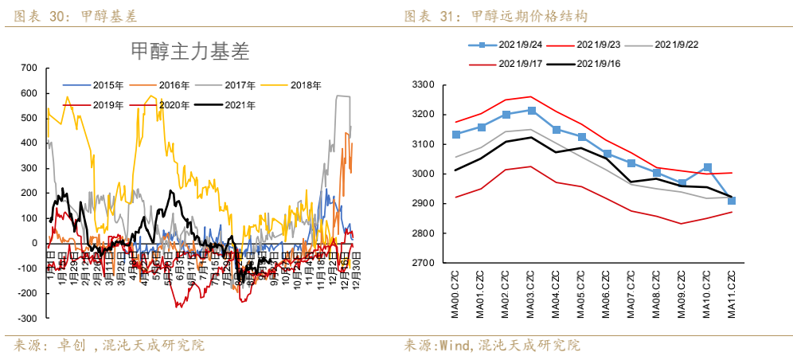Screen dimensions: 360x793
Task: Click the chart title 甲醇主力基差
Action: [x=189, y=52]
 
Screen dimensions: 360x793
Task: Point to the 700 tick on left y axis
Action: [x=29, y=68]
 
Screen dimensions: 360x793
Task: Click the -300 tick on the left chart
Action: [x=27, y=319]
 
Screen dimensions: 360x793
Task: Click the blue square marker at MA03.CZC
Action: [x=531, y=111]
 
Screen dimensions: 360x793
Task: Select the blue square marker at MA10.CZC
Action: [x=707, y=167]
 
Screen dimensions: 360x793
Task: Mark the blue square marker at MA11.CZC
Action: [x=732, y=201]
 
